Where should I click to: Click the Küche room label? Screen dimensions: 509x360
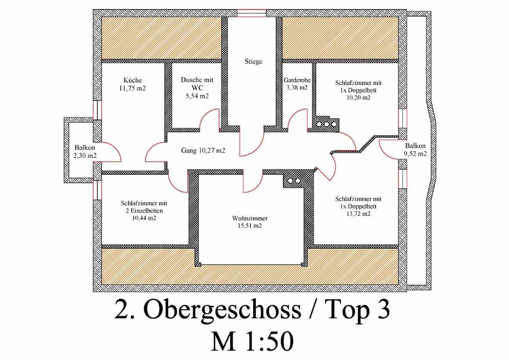[132, 80]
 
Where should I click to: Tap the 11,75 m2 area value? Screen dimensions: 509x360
[132, 88]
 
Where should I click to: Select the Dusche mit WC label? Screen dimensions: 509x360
[197, 84]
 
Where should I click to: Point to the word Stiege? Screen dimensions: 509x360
[254, 61]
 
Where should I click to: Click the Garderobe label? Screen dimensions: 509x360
[297, 80]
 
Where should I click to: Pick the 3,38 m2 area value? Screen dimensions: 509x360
[297, 88]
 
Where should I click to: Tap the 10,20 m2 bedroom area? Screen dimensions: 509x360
[358, 97]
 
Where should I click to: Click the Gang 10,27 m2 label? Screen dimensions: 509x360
[203, 151]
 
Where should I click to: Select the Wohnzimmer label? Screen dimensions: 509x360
[250, 218]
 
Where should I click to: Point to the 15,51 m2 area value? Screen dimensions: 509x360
[250, 226]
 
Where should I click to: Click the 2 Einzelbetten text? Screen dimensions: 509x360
[144, 211]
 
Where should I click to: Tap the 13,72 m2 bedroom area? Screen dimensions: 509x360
[358, 214]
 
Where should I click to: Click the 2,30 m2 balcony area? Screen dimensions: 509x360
[85, 156]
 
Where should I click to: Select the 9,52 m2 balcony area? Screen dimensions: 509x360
[415, 154]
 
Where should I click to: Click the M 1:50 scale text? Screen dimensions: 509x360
[253, 342]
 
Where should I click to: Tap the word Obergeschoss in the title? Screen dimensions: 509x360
[222, 309]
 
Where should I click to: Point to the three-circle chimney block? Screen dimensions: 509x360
[327, 124]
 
